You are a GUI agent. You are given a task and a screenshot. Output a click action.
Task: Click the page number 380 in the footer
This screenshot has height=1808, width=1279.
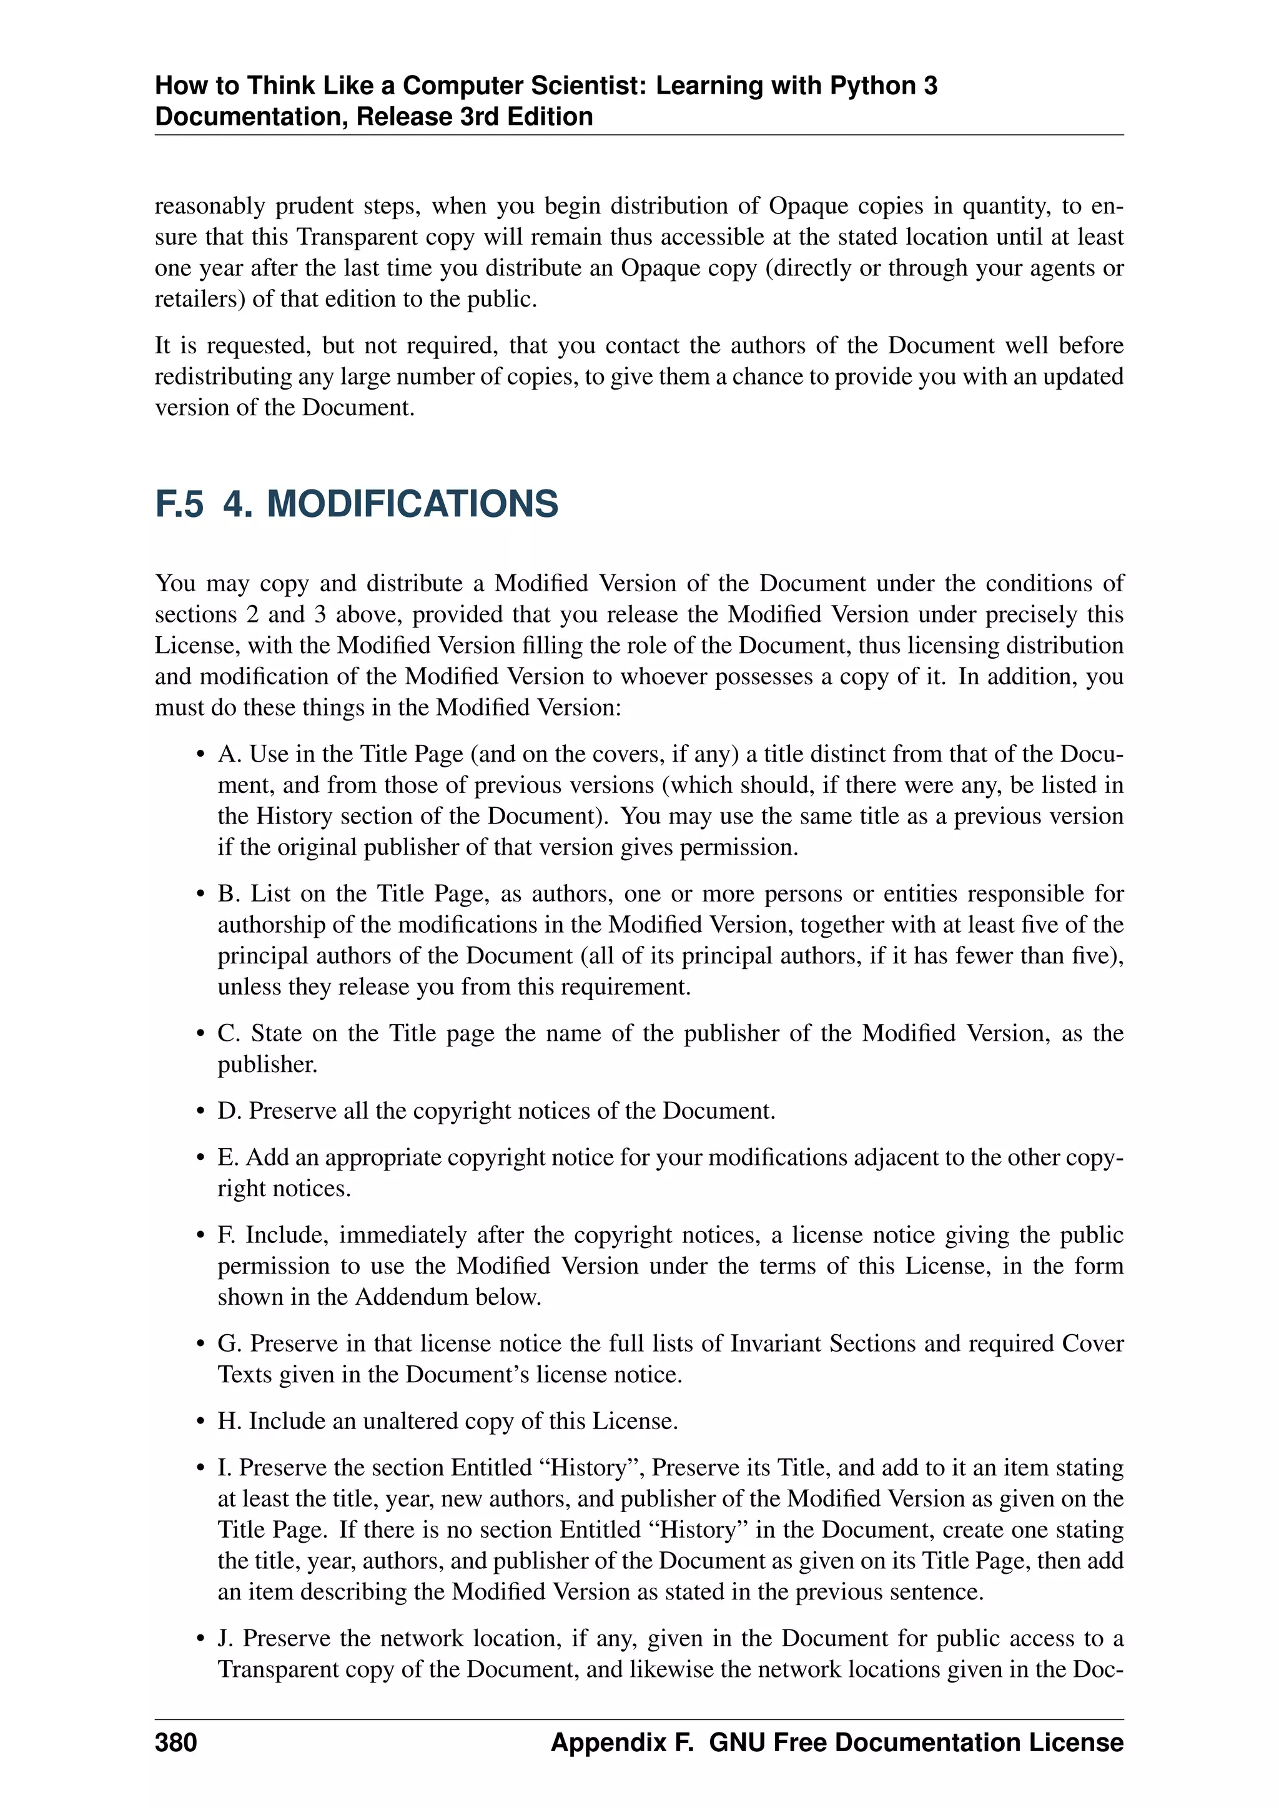pos(175,1742)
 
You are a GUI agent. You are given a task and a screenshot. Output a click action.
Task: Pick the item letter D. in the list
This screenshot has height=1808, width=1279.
pos(229,1111)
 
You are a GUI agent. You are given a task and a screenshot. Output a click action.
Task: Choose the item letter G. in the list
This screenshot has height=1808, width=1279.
pos(230,1344)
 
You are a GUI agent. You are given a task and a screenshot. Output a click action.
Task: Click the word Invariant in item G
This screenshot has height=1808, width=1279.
pos(776,1344)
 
